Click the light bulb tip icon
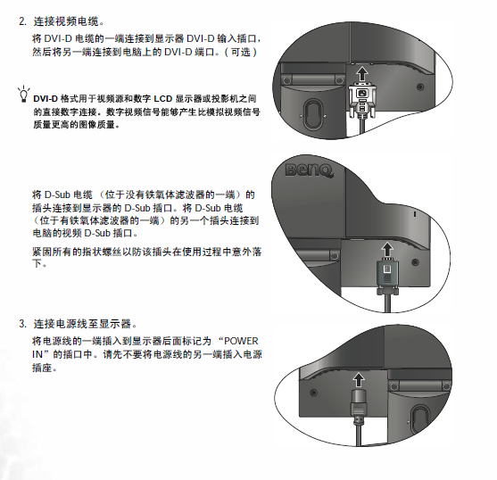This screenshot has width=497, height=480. (23, 94)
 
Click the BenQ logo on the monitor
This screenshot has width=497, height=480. (309, 170)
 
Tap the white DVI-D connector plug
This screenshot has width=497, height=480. (362, 100)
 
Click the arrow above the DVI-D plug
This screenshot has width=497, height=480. (362, 73)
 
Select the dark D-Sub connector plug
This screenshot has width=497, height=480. (387, 276)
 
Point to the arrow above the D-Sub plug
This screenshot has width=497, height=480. (387, 249)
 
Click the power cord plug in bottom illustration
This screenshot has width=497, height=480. (359, 407)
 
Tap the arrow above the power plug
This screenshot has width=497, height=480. (359, 380)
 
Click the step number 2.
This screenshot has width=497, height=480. (22, 21)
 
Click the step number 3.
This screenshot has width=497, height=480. (22, 324)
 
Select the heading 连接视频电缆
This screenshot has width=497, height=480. (66, 21)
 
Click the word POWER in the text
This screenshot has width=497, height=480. (241, 341)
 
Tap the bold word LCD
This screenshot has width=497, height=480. (163, 99)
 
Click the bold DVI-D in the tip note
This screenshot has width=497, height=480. (46, 99)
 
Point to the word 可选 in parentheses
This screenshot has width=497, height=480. (241, 52)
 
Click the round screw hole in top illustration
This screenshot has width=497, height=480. (420, 87)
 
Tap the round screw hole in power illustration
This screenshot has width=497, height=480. (313, 393)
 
